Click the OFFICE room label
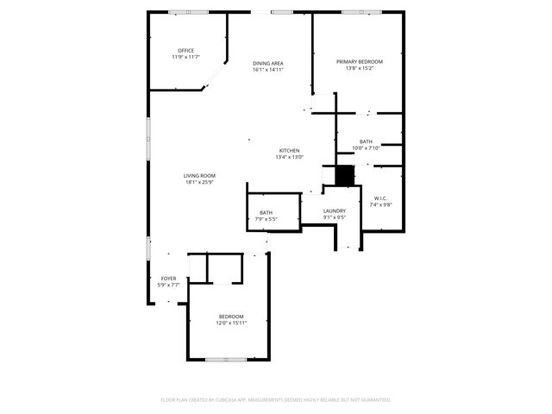[x=186, y=51]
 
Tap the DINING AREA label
[x=268, y=64]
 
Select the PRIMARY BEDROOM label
[x=360, y=62]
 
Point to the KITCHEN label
[x=288, y=151]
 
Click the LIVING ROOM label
[x=199, y=176]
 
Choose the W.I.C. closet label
[x=381, y=198]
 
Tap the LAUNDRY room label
[x=335, y=211]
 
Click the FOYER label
[x=169, y=279]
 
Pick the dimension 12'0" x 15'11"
[x=231, y=323]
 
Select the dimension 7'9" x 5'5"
[x=267, y=219]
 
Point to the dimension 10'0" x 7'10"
[x=367, y=147]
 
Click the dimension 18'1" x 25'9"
[x=199, y=182]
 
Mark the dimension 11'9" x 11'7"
[x=186, y=57]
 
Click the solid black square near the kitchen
[x=344, y=175]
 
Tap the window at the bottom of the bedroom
[x=226, y=359]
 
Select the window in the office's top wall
[x=189, y=12]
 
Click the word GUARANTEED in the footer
[x=373, y=400]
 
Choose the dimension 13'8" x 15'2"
[x=360, y=68]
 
